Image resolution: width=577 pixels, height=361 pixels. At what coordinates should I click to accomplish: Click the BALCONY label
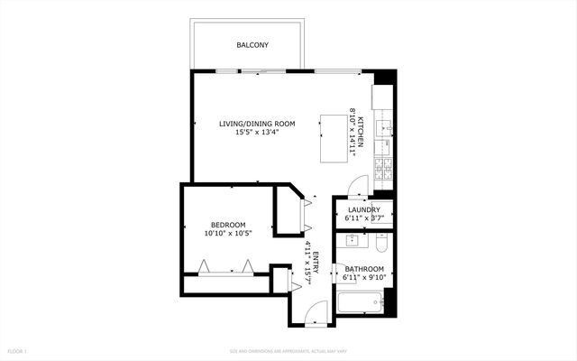click(x=252, y=45)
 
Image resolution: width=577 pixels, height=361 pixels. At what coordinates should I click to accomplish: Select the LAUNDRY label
click(x=363, y=209)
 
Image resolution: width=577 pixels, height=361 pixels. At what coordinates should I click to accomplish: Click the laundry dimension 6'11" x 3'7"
click(x=363, y=218)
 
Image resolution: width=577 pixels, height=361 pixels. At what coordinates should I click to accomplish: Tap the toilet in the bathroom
click(x=380, y=244)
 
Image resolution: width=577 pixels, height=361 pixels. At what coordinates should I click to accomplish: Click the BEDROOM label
click(x=228, y=225)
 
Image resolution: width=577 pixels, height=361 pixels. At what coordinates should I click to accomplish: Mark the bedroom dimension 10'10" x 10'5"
click(x=228, y=234)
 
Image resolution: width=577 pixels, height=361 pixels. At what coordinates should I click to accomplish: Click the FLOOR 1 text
click(x=18, y=350)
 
